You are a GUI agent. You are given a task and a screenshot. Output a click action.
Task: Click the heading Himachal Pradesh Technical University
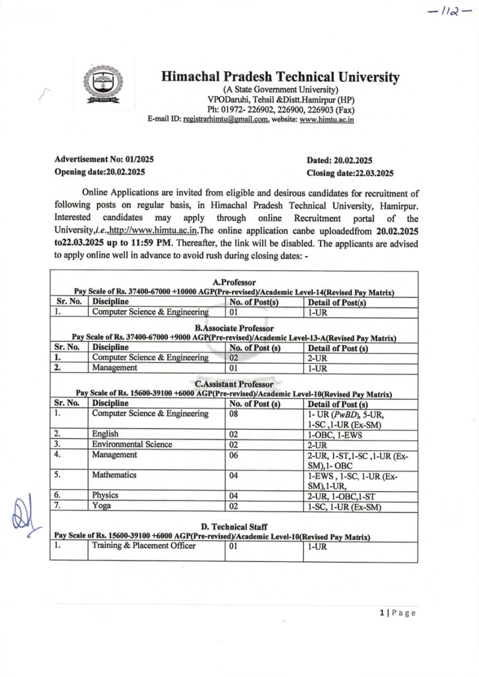pos(280,77)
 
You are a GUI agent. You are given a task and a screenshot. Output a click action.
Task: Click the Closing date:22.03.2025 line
pos(350,173)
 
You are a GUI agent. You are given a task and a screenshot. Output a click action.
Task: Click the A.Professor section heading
pos(233,282)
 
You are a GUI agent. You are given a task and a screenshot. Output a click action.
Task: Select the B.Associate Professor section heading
pos(233,328)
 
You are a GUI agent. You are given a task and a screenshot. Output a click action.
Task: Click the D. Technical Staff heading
pos(233,526)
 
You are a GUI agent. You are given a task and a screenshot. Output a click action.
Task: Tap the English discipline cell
pos(106,434)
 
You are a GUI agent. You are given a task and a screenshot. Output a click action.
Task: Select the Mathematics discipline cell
pos(115,474)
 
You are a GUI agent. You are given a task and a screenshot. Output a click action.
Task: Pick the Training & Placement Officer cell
pos(143,546)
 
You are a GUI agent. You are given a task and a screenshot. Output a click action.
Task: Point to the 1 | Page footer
pos(398,614)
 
